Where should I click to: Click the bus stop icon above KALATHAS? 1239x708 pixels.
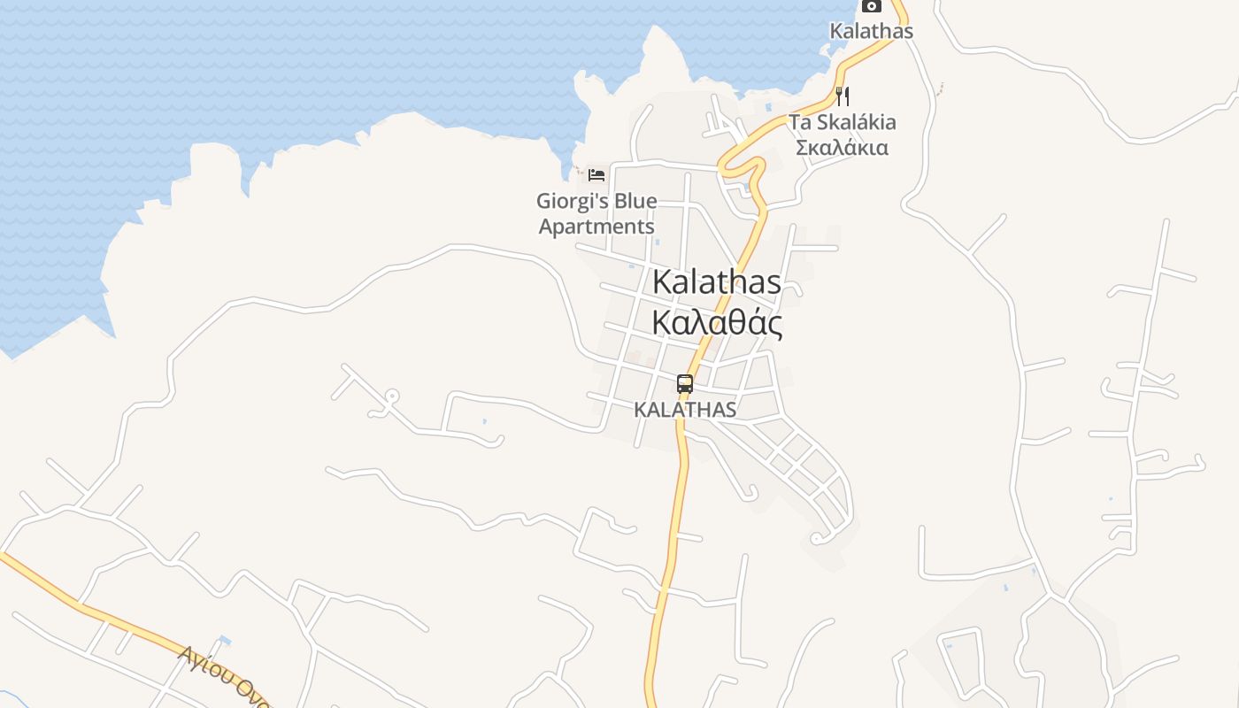point(685,384)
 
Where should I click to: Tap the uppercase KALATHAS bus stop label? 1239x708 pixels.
point(685,410)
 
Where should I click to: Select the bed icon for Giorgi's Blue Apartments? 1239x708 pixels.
point(596,174)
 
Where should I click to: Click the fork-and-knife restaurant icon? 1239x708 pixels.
point(843,96)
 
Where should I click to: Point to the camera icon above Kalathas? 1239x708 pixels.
point(872,5)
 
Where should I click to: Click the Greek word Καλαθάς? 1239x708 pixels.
point(717,324)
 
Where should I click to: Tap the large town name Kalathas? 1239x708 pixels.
point(717,281)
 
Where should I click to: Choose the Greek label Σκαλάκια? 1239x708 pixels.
point(842,147)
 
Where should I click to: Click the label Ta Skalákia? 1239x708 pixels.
point(842,122)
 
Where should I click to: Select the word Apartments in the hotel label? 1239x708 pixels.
point(596,227)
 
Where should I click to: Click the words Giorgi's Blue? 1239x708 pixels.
point(596,202)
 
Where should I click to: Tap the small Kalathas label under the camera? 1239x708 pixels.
point(871,30)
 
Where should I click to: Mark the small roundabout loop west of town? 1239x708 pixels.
point(391,396)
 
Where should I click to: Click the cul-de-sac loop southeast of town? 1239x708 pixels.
point(816,538)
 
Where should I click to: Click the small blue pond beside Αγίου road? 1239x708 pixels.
point(224,640)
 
